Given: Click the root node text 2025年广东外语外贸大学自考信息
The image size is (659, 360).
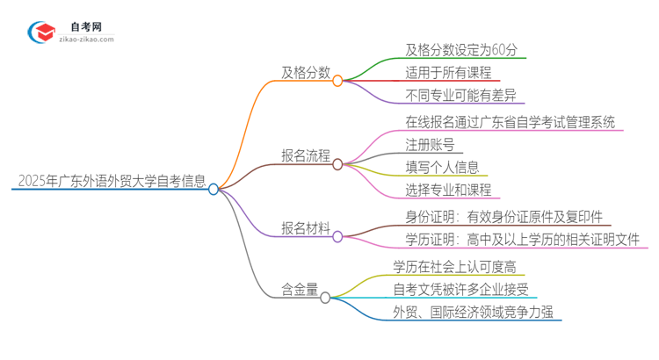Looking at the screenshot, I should pos(112,182).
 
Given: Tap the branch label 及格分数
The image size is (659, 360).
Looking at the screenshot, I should pos(305,74).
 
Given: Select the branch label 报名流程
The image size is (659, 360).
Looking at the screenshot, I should pos(305,157).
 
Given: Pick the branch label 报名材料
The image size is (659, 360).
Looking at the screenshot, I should pos(305,229).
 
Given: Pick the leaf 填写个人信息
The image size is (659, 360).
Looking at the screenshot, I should pos(430,167).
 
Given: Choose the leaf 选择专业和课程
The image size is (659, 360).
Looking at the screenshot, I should pos(437,191).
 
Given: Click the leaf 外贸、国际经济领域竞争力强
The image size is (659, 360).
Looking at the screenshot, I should pos(471,313).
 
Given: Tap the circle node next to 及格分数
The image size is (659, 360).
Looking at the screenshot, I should pos(337,80).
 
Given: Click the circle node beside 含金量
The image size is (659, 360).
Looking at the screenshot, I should pos(325,299).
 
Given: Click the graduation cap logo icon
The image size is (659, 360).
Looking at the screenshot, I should pos(40,32).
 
